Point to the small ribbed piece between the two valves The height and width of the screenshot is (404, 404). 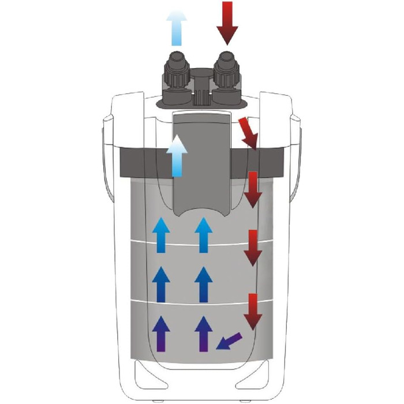coord(200,96)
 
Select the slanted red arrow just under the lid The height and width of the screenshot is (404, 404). coord(248,133)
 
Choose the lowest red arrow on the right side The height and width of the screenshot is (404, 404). coord(252,312)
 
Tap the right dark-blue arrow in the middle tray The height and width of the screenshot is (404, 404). coord(203,284)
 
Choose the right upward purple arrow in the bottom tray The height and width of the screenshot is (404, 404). coord(203,334)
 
